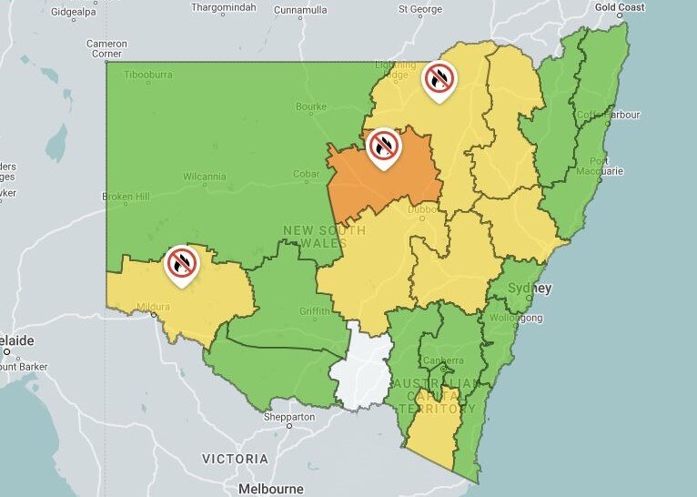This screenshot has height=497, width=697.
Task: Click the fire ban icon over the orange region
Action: coord(383,146)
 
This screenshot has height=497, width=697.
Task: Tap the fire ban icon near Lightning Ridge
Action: coord(439,78)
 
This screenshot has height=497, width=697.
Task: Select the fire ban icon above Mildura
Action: coord(182,264)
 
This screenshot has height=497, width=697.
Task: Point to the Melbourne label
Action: coord(270,489)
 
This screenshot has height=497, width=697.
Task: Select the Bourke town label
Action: coord(310,106)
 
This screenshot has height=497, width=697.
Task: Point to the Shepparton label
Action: coord(289,417)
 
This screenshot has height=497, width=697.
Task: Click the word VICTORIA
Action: coord(235,459)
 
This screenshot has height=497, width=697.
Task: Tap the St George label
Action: coord(421,9)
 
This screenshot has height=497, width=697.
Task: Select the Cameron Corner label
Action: coord(106,48)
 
